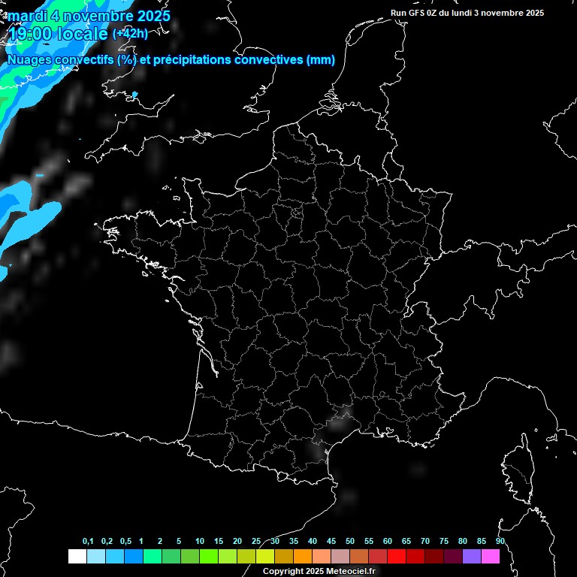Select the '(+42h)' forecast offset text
pyautogui.click(x=130, y=34)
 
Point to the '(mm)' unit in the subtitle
pyautogui.click(x=321, y=60)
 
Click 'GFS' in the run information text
pyautogui.click(x=418, y=13)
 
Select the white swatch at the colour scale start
pyautogui.click(x=77, y=557)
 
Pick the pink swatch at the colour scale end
pyautogui.click(x=490, y=557)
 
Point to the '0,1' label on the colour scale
pyautogui.click(x=88, y=542)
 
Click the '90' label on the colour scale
pyautogui.click(x=500, y=542)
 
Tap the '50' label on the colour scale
pyautogui.click(x=350, y=542)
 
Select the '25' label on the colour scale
pyautogui.click(x=256, y=542)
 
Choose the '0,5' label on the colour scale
pyautogui.click(x=125, y=542)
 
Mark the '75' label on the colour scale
pyautogui.click(x=444, y=542)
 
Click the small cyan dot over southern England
pyautogui.click(x=135, y=95)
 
